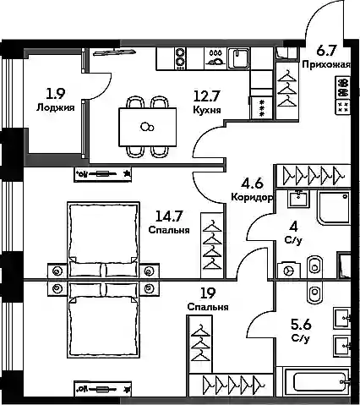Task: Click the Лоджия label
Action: [56, 107]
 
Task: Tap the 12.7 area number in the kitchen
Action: [206, 96]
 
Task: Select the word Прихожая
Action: [326, 65]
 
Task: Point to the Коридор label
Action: [252, 197]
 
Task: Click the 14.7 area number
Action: [169, 216]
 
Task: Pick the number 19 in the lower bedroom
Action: [208, 293]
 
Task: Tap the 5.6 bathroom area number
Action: [301, 325]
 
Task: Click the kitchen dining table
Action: [148, 127]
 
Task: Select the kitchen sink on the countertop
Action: [238, 58]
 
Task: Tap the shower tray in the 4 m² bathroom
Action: [334, 208]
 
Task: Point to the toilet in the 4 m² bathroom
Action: [314, 265]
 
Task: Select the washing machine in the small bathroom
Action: [289, 271]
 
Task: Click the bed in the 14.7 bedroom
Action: [104, 239]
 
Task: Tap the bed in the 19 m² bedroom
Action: [104, 320]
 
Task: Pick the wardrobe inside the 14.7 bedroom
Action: [212, 245]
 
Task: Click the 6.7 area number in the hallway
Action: [326, 52]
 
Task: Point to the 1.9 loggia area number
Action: [56, 94]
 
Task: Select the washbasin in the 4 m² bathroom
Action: [298, 199]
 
